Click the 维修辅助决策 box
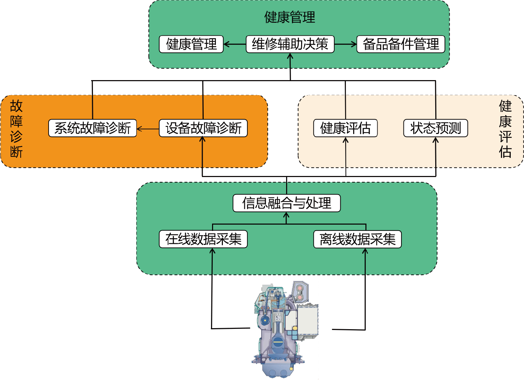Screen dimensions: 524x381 (x=290, y=44)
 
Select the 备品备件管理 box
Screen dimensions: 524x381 (x=401, y=44)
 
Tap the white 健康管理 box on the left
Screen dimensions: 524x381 (x=191, y=44)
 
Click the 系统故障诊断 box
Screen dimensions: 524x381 (x=93, y=128)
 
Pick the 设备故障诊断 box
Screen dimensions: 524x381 (x=203, y=128)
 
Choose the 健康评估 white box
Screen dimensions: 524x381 (x=345, y=128)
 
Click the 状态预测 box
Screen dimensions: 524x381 (x=436, y=128)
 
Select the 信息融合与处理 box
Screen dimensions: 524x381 (x=286, y=203)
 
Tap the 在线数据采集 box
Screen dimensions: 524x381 (x=203, y=239)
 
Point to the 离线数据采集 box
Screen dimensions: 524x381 (x=357, y=239)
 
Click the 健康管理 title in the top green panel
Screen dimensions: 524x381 (x=290, y=17)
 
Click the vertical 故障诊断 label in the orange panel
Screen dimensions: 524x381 (x=16, y=129)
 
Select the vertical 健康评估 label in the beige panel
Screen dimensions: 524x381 (x=505, y=129)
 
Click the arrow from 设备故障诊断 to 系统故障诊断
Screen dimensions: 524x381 (x=148, y=129)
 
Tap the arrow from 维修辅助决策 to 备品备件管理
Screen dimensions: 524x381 (x=345, y=44)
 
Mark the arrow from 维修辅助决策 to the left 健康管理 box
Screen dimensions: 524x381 (x=235, y=44)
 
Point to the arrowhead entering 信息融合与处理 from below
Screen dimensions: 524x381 (x=286, y=215)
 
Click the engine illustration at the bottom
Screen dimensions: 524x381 (x=285, y=329)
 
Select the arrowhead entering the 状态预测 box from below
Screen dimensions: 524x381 (x=435, y=140)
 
